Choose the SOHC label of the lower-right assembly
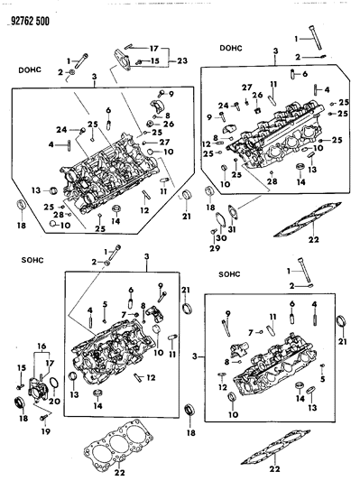234,272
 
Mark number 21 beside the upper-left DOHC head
187,217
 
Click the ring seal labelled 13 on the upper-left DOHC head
52,191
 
